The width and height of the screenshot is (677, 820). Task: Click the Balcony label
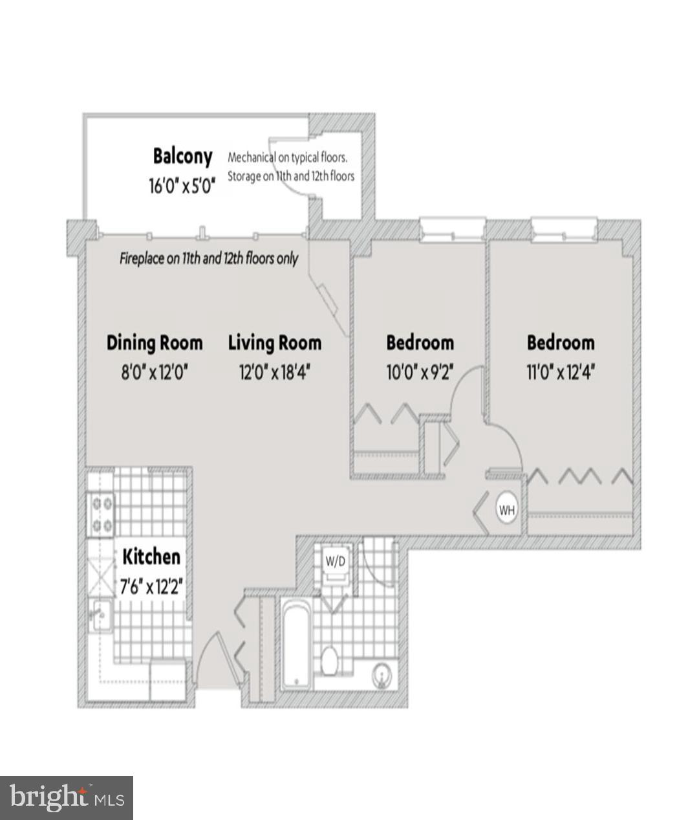182,157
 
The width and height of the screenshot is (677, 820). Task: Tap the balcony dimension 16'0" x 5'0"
182,186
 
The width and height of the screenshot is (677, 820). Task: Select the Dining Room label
155,342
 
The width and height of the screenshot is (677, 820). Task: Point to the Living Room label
275,342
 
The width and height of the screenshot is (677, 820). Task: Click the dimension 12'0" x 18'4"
275,373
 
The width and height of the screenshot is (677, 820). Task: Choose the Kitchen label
151,557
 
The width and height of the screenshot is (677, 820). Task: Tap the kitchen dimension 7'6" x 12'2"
153,587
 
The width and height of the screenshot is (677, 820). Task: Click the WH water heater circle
507,510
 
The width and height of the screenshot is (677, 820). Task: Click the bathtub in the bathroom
297,644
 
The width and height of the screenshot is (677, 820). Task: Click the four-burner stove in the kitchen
100,515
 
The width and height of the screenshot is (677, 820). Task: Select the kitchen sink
100,615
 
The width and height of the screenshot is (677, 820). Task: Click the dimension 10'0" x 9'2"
420,373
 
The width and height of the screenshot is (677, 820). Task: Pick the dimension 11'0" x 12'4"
561,373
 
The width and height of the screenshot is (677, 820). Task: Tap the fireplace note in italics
209,259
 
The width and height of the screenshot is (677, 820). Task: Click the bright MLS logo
67,797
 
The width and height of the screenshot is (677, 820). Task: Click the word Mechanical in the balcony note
252,157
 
